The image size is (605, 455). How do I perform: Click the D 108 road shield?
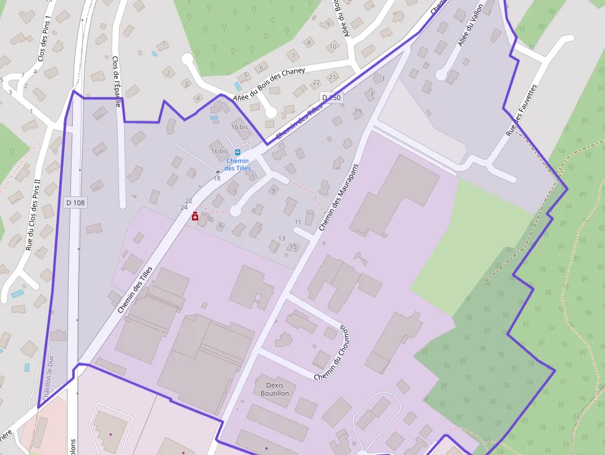75,202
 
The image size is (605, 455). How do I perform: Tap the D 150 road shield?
332,98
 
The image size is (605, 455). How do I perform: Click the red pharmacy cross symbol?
195,215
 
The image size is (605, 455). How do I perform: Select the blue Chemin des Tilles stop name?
238,164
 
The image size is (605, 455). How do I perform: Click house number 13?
282,238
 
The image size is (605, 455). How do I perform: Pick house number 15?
294,247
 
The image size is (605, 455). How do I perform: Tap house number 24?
184,207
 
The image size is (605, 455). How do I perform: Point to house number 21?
332,77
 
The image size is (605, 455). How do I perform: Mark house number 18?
217,178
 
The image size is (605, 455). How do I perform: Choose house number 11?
298,222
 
